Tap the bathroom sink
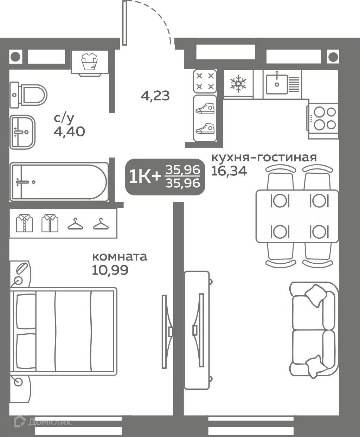coord(23,132)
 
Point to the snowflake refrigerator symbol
coord(238,84)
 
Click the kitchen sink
coord(277,84)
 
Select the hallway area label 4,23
coord(155,96)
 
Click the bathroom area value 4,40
coord(69,131)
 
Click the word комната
coord(120,256)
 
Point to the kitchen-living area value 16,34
coord(229,171)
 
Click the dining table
coord(297,216)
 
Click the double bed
coord(63,330)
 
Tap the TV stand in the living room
coord(197,330)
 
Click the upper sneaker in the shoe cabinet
coord(205,108)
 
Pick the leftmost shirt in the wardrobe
coord(25,223)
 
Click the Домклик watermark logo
coord(42,422)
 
